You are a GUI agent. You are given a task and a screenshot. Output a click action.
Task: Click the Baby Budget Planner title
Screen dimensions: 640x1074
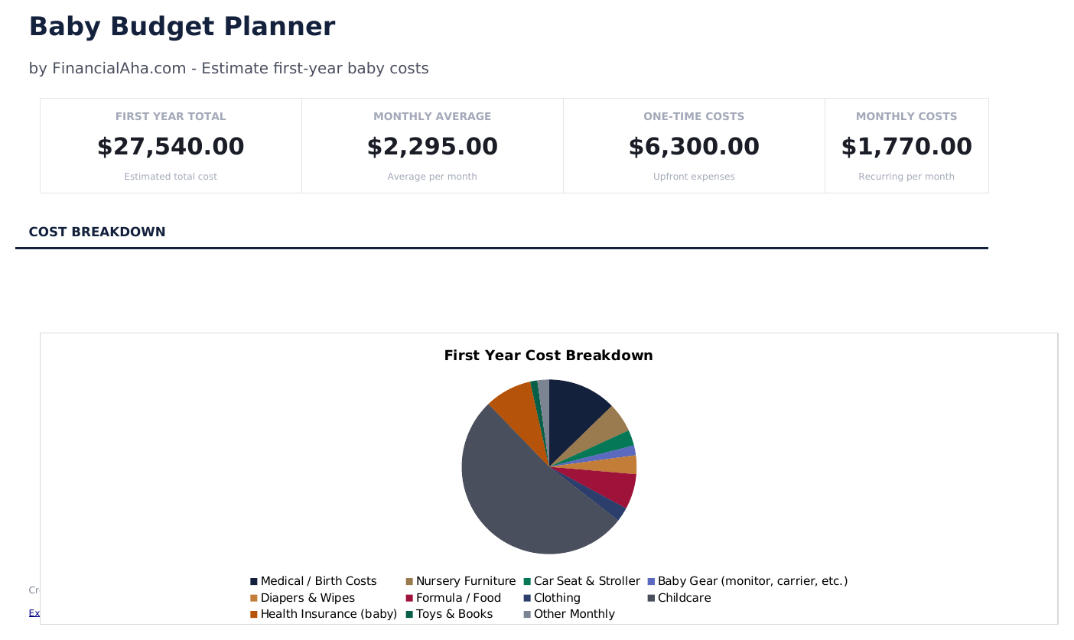(181, 27)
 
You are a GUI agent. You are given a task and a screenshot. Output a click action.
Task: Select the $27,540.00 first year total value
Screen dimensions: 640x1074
(171, 147)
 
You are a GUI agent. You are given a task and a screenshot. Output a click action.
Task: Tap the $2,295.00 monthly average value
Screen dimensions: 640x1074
(432, 147)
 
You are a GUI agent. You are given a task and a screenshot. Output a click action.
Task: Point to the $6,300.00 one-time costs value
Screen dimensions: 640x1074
(694, 147)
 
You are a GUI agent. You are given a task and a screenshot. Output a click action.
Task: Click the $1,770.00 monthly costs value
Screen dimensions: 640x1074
(906, 147)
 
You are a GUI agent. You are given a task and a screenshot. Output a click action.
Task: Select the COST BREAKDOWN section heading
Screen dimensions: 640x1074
(97, 232)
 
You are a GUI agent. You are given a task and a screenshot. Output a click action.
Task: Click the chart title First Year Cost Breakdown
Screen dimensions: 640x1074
(548, 356)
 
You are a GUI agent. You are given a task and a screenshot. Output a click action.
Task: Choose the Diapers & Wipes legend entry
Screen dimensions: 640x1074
(307, 598)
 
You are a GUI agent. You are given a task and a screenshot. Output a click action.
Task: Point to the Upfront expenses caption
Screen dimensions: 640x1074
(694, 177)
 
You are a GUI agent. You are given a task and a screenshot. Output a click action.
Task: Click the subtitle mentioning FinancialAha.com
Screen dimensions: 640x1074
(229, 68)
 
